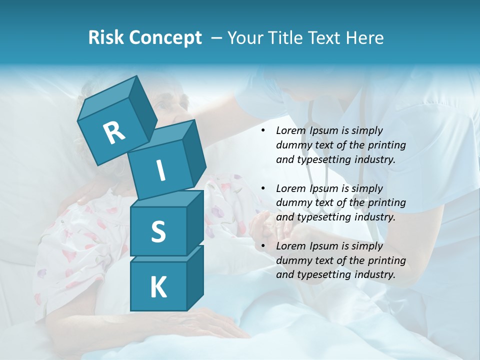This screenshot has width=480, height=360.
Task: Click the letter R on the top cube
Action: pyautogui.click(x=114, y=133)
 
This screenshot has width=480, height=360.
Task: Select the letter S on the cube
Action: pyautogui.click(x=158, y=231)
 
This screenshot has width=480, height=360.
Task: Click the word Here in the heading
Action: pyautogui.click(x=365, y=38)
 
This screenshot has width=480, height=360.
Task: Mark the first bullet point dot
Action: pyautogui.click(x=262, y=131)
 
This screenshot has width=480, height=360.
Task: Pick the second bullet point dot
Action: pyautogui.click(x=262, y=189)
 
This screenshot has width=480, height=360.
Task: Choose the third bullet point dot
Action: pyautogui.click(x=262, y=246)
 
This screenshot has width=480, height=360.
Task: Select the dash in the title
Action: pyautogui.click(x=217, y=38)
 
